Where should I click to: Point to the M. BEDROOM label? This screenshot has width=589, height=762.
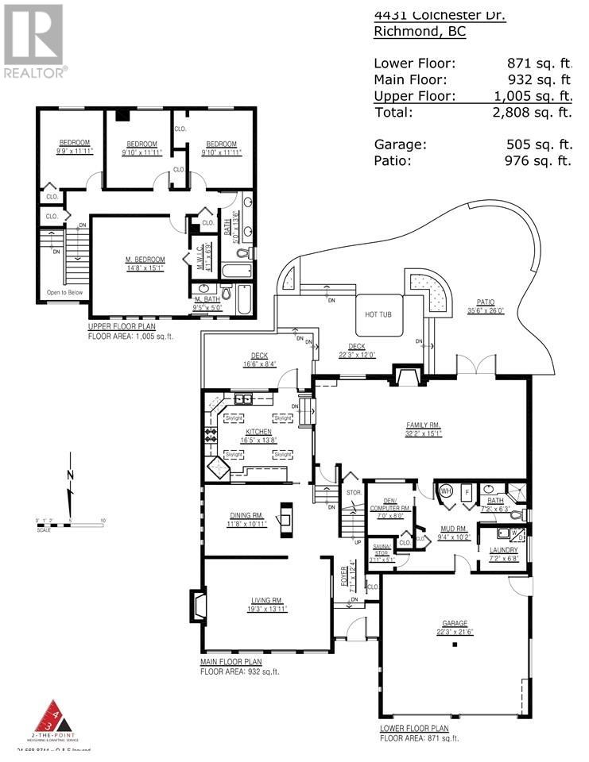(145, 260)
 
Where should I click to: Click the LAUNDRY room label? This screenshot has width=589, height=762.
(504, 550)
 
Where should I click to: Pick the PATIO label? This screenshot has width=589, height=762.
(486, 302)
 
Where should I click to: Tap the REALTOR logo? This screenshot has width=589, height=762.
(33, 40)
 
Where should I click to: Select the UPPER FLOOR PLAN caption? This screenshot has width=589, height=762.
(122, 326)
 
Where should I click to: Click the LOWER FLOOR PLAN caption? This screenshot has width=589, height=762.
(414, 728)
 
